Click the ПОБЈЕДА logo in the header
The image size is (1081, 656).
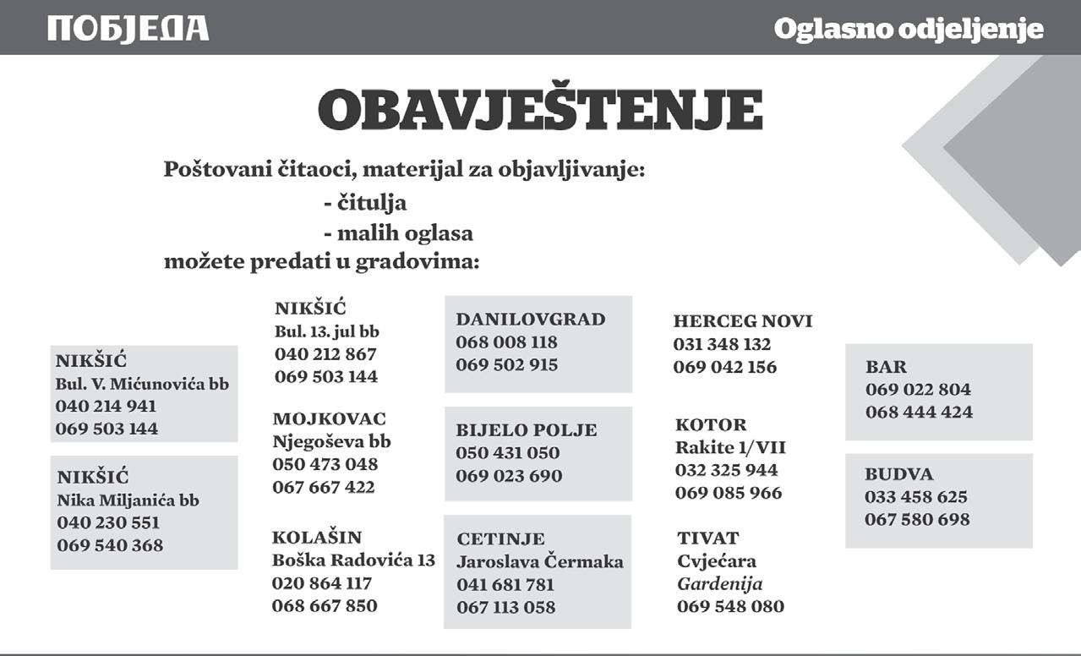click(128, 29)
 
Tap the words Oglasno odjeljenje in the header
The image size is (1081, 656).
click(909, 30)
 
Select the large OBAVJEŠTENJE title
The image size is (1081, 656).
click(540, 111)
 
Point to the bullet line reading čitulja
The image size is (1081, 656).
click(365, 204)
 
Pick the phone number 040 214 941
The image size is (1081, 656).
click(106, 406)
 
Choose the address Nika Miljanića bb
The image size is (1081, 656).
click(128, 500)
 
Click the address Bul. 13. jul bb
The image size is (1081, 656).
click(327, 331)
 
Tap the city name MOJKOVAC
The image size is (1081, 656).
click(329, 418)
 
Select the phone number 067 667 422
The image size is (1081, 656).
click(324, 487)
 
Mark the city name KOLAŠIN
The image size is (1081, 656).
click(317, 537)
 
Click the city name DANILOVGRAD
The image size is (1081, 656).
click(531, 320)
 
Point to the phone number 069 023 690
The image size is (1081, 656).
click(509, 476)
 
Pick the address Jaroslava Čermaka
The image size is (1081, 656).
click(540, 562)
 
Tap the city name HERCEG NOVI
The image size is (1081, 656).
click(743, 321)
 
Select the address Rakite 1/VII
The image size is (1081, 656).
click(730, 447)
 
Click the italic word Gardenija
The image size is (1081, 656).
click(720, 583)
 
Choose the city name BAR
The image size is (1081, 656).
click(886, 367)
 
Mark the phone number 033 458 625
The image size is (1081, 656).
click(916, 497)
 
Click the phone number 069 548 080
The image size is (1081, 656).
click(730, 606)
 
